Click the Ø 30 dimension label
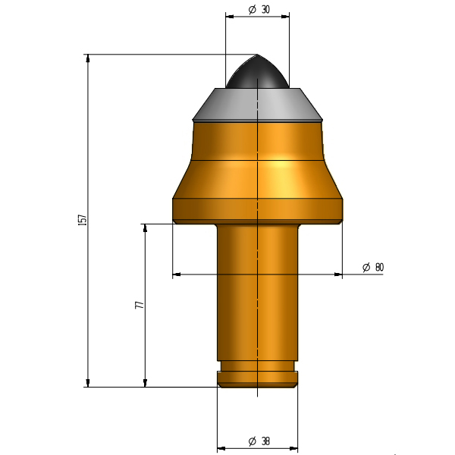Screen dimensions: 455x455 point(259,10)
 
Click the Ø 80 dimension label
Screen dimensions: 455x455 point(373,267)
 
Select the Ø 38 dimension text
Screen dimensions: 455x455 point(259,441)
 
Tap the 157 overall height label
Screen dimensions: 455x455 point(83,220)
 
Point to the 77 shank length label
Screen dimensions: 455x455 point(140,305)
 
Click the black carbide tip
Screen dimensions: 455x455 point(257,72)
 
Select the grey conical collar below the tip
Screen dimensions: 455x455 point(257,105)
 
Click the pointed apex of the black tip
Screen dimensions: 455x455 point(257,55)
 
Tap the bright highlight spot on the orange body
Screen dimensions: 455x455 point(279,164)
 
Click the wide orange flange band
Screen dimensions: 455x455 point(257,211)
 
